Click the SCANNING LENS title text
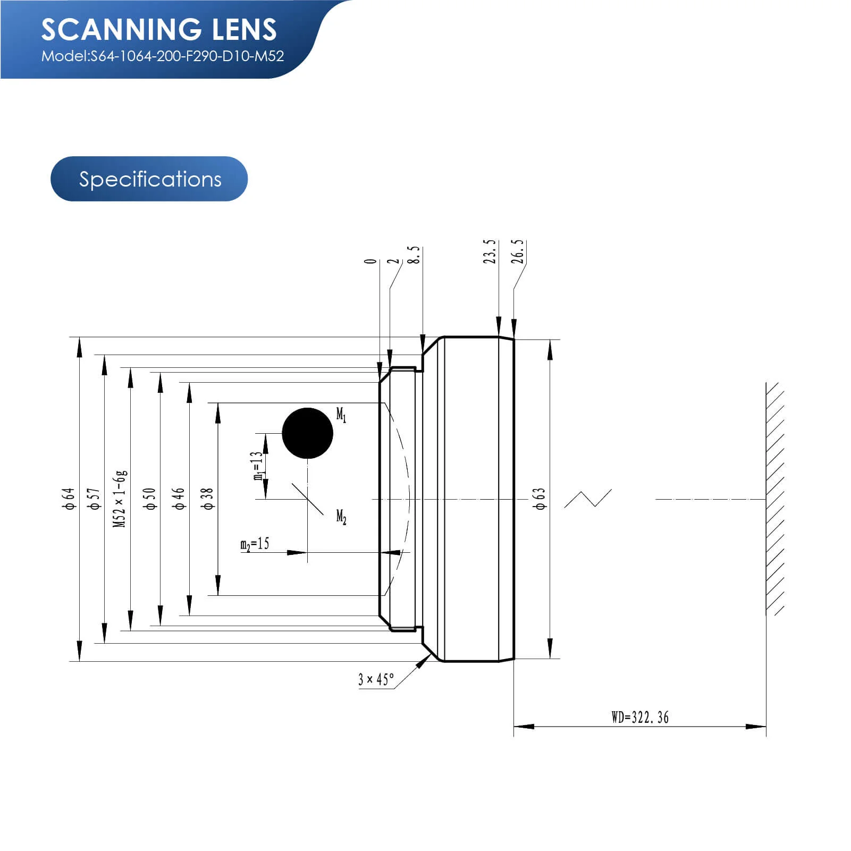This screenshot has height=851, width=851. point(159,29)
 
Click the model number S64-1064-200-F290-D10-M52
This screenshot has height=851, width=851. point(163,56)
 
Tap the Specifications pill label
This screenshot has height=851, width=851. point(150,179)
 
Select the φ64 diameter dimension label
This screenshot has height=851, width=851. point(69,499)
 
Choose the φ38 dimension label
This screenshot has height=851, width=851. point(207,499)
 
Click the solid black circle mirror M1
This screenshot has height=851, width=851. point(307,433)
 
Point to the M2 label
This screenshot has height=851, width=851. point(341,516)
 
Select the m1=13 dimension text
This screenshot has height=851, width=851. point(258,466)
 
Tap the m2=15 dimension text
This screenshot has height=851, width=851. point(255,544)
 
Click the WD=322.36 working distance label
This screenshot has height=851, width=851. point(640,718)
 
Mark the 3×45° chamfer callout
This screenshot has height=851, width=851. point(376,679)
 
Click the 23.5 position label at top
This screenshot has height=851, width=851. point(490,251)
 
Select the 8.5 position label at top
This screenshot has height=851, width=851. point(414,255)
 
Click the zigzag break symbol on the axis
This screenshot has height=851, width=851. point(588,499)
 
